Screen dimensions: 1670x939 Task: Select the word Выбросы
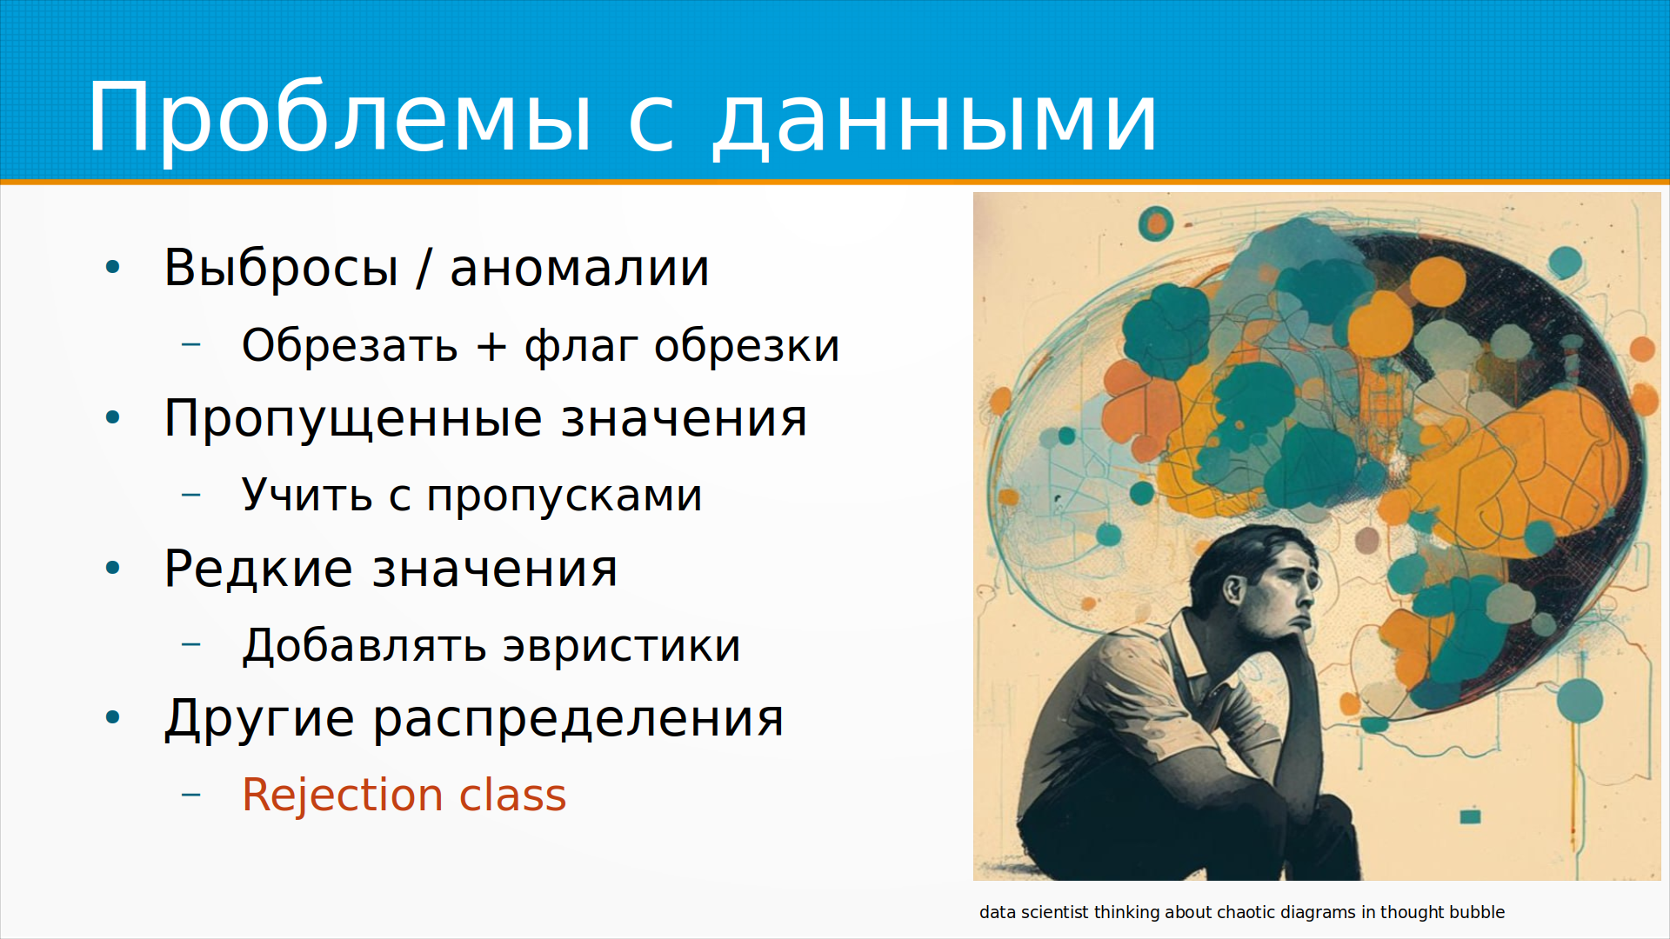[281, 267]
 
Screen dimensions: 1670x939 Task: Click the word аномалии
[579, 269]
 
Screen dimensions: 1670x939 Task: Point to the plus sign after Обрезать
[491, 346]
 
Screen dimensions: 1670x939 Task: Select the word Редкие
[257, 569]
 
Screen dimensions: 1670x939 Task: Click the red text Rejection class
[404, 795]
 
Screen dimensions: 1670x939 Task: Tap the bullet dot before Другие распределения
[113, 718]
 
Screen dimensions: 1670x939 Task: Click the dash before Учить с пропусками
[191, 495]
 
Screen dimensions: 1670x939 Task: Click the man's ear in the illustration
[1232, 589]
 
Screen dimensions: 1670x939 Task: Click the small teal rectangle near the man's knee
[1470, 816]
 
